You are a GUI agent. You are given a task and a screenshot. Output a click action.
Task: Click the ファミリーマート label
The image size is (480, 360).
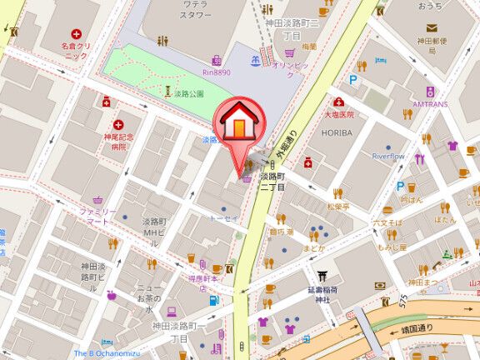(98, 218)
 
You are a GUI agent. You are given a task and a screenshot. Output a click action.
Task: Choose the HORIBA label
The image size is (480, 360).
(338, 132)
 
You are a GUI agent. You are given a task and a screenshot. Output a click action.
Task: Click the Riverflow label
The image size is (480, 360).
(387, 156)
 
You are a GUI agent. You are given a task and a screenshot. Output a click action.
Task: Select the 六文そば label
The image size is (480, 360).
(388, 224)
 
